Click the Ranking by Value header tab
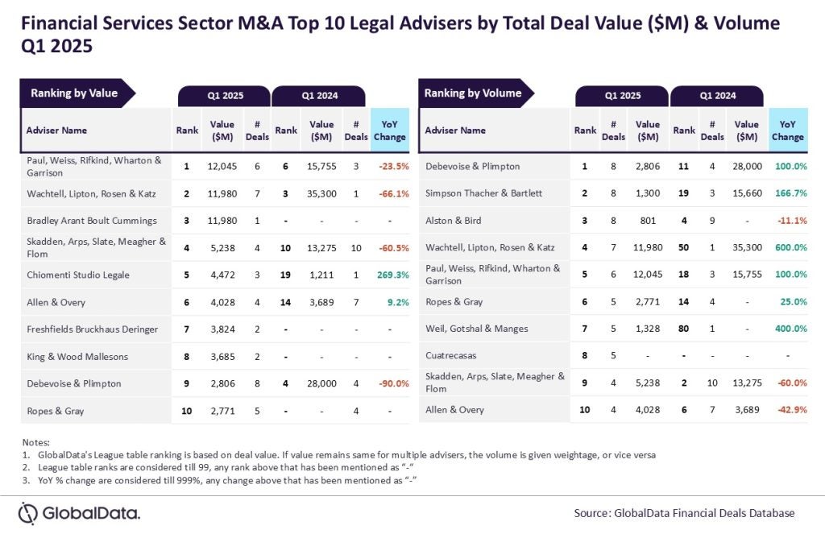tap(75, 93)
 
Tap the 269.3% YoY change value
tap(391, 275)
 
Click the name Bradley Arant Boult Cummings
tap(89, 220)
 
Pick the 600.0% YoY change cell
tap(788, 247)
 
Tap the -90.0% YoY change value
tap(391, 383)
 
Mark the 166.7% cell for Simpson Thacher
tap(788, 193)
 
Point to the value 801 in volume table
tap(647, 220)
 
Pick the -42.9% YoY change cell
tap(788, 410)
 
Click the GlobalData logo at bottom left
tap(79, 512)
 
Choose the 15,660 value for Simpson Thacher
tap(747, 193)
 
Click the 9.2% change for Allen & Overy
tap(391, 302)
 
